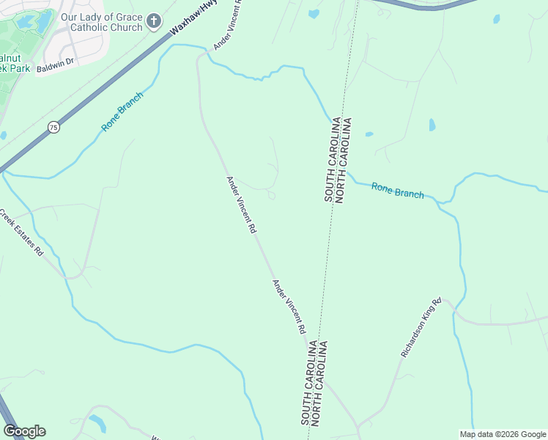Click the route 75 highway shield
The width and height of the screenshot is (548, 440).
coord(53,127)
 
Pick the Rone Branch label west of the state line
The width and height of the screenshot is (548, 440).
coord(122,111)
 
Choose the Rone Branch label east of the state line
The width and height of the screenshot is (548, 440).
coord(397,191)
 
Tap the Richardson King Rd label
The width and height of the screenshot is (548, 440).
coord(421,327)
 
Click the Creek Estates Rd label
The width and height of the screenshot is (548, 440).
coord(21,232)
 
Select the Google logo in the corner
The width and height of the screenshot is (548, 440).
coord(24,431)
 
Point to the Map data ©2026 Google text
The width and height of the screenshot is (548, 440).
coord(502,434)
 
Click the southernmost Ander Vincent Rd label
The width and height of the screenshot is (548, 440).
coord(289,307)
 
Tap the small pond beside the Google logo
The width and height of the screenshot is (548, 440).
coord(97,423)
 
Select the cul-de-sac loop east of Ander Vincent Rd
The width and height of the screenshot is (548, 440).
coord(271,195)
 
